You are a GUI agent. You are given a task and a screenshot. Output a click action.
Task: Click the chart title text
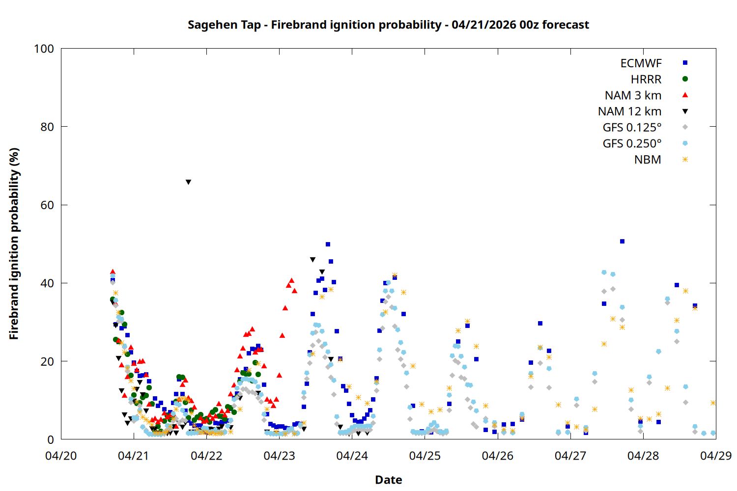[388, 25]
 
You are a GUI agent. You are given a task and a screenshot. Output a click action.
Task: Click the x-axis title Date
[388, 480]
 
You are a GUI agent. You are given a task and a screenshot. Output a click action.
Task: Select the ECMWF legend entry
[641, 63]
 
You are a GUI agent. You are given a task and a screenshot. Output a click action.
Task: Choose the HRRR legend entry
[646, 79]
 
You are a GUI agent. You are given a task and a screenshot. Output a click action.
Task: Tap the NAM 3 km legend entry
[633, 95]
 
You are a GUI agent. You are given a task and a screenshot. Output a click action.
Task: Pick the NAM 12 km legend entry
[629, 111]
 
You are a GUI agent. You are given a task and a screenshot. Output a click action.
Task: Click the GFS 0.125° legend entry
[632, 128]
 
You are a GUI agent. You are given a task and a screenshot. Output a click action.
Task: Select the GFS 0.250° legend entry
[632, 143]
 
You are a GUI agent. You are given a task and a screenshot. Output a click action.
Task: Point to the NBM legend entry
[648, 160]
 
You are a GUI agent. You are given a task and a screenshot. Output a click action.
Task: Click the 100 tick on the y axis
[44, 49]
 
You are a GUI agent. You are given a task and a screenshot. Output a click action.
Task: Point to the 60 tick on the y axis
[47, 205]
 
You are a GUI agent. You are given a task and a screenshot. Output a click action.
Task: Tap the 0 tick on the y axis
[51, 439]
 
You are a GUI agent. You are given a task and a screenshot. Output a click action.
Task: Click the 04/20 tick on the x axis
[61, 456]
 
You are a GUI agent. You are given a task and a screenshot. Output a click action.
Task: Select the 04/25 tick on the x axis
[425, 456]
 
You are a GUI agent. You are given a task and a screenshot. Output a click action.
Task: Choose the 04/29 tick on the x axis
[715, 456]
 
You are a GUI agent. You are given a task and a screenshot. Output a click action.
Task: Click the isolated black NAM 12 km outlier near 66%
[188, 182]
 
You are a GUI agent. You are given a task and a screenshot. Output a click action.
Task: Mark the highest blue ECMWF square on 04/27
[622, 241]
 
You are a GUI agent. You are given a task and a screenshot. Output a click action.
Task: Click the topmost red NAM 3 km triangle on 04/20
[113, 272]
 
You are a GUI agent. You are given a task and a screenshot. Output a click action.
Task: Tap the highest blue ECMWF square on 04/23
[328, 244]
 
